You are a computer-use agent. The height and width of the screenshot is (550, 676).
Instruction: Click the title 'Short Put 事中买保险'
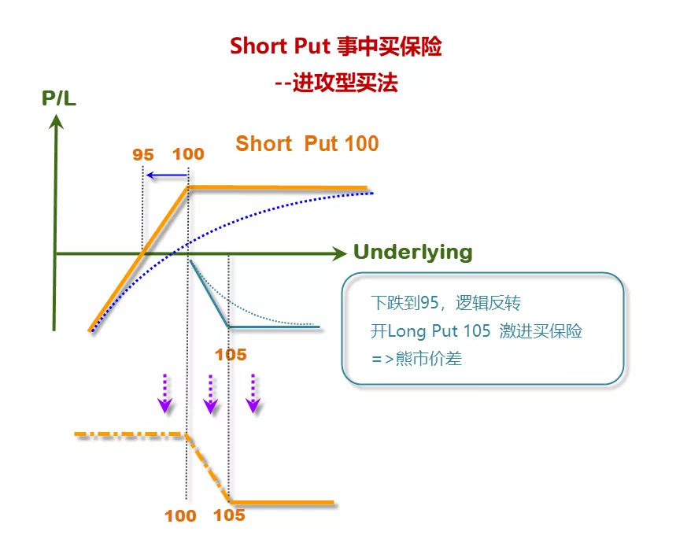(336, 46)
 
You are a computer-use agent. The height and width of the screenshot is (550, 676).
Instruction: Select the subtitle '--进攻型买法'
(336, 82)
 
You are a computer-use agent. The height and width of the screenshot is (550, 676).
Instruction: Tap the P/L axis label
(59, 98)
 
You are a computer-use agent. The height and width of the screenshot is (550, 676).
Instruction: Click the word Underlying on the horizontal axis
(412, 253)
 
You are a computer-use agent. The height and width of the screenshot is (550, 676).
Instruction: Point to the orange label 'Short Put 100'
(307, 144)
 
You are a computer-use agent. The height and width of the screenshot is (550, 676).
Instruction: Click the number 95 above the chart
(142, 154)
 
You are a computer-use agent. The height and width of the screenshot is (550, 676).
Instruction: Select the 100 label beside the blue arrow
(188, 154)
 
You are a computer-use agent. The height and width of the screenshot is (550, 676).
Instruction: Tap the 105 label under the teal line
(231, 354)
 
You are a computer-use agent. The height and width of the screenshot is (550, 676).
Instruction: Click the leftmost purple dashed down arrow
(164, 393)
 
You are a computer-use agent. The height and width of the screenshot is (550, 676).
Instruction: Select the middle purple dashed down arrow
(209, 393)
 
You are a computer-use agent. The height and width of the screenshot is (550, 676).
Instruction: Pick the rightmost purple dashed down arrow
(253, 393)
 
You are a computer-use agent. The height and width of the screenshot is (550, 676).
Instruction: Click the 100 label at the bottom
(180, 516)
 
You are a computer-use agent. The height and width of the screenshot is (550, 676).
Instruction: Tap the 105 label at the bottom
(229, 516)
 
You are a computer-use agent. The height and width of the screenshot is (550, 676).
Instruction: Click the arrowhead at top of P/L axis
(55, 122)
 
